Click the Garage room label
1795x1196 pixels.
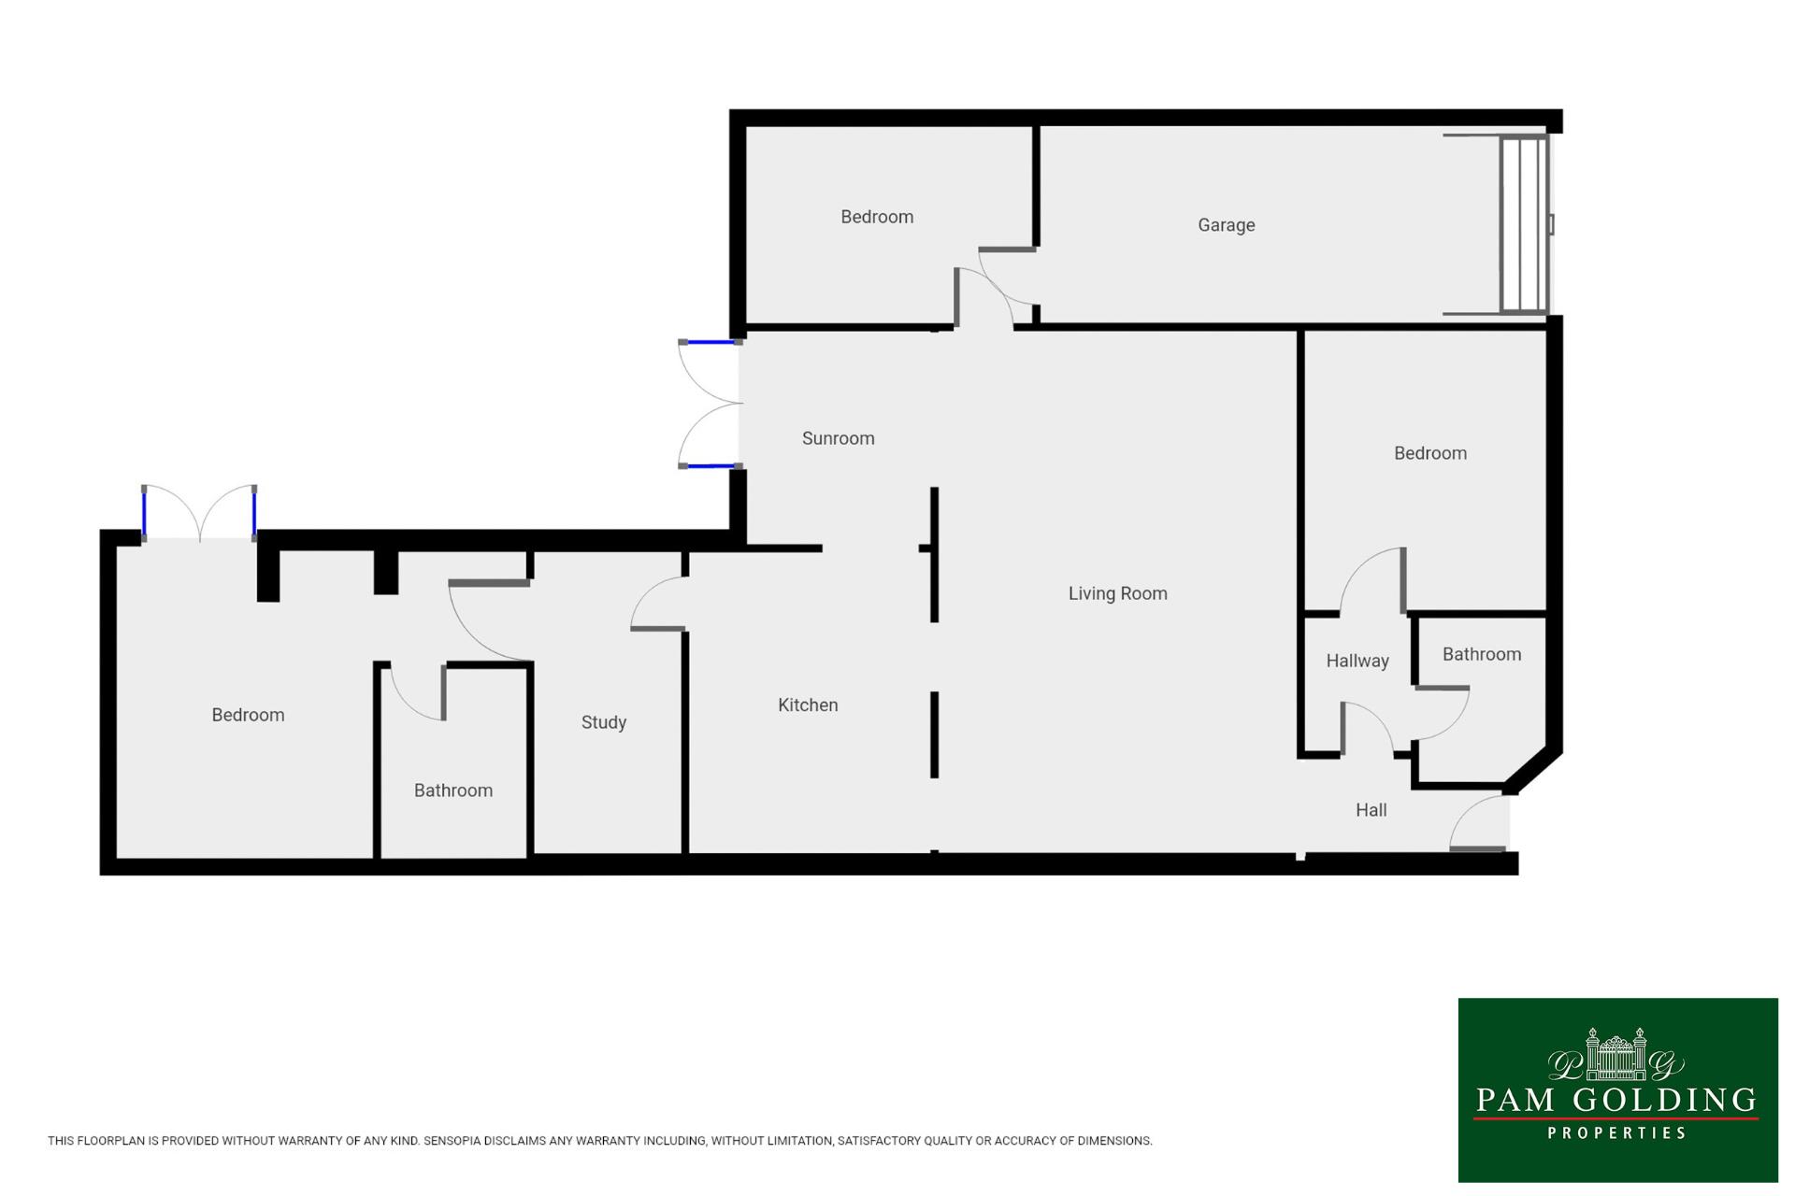click(1226, 225)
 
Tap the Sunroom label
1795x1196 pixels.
click(838, 438)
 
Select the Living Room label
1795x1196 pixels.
click(1117, 593)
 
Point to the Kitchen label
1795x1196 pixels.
click(808, 705)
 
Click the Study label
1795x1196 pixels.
click(603, 722)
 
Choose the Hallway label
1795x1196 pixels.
click(1357, 662)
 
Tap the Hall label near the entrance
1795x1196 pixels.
click(1371, 810)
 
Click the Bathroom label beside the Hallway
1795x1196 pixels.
click(1481, 654)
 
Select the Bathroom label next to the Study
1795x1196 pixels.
click(452, 790)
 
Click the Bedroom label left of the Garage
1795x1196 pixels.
click(876, 217)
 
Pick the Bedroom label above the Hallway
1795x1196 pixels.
click(1429, 453)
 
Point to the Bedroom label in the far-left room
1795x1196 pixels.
click(248, 715)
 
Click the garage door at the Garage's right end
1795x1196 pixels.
click(1525, 224)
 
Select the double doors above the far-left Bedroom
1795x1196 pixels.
click(199, 512)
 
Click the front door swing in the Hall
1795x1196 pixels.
click(1478, 823)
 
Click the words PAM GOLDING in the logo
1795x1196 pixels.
click(1616, 1100)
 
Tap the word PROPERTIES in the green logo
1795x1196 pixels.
click(1616, 1133)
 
